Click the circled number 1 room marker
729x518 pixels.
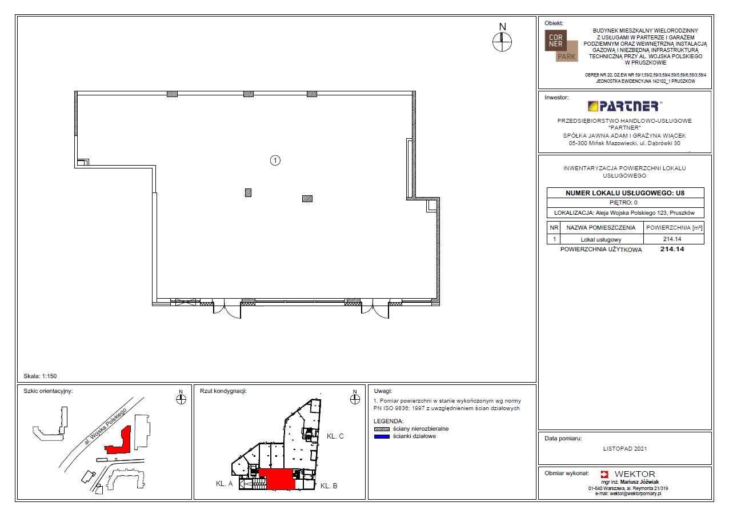pyautogui.click(x=275, y=160)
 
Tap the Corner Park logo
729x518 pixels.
pyautogui.click(x=562, y=46)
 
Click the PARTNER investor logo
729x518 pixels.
pyautogui.click(x=625, y=106)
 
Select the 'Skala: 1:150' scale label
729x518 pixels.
pyautogui.click(x=40, y=376)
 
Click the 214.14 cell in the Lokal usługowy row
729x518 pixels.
pyautogui.click(x=672, y=239)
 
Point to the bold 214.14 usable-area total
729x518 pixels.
pyautogui.click(x=672, y=249)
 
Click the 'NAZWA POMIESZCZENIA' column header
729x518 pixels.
pyautogui.click(x=601, y=228)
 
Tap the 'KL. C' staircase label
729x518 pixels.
pyautogui.click(x=335, y=436)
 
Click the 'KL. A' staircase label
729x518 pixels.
pyautogui.click(x=224, y=484)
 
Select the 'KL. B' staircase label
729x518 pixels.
pyautogui.click(x=329, y=486)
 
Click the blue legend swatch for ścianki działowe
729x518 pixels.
pyautogui.click(x=382, y=437)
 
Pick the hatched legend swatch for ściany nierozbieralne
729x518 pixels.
pyautogui.click(x=382, y=429)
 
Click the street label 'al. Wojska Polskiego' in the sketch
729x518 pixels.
pyautogui.click(x=105, y=426)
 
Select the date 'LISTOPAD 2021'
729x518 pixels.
pyautogui.click(x=625, y=448)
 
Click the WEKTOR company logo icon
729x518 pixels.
pyautogui.click(x=604, y=474)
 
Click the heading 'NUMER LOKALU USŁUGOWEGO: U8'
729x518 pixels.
pyautogui.click(x=625, y=193)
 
